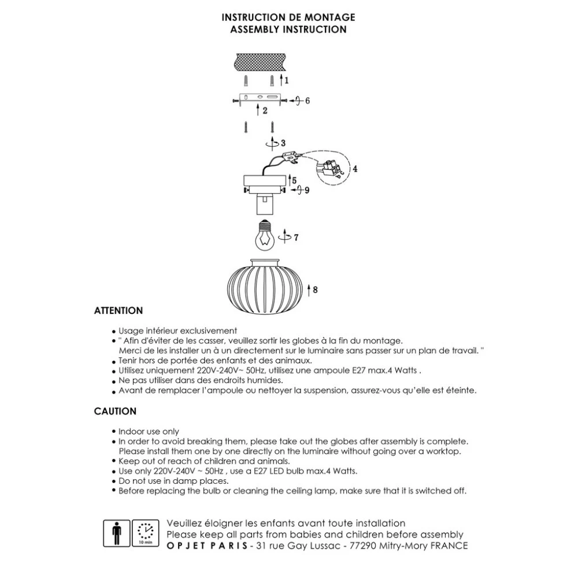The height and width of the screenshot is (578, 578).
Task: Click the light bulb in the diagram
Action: tap(264, 235)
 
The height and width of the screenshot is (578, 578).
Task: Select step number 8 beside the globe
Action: tap(315, 290)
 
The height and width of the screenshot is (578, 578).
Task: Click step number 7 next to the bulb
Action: tap(296, 237)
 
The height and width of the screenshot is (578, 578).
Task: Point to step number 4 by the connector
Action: tap(355, 169)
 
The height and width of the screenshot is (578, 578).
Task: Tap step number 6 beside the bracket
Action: tap(307, 101)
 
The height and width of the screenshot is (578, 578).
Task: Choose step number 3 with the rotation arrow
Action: tap(282, 143)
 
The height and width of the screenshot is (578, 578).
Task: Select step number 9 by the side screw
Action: tap(307, 190)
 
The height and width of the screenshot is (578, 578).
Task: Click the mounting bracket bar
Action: tap(260, 99)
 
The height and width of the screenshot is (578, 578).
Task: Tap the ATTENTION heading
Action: tap(118, 311)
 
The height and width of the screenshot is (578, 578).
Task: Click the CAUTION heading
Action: tap(115, 412)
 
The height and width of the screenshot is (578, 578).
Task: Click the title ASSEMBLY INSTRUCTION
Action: tap(288, 29)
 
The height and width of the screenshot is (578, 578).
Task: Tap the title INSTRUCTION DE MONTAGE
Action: tap(288, 18)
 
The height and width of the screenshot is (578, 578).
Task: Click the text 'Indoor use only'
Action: tap(149, 431)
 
